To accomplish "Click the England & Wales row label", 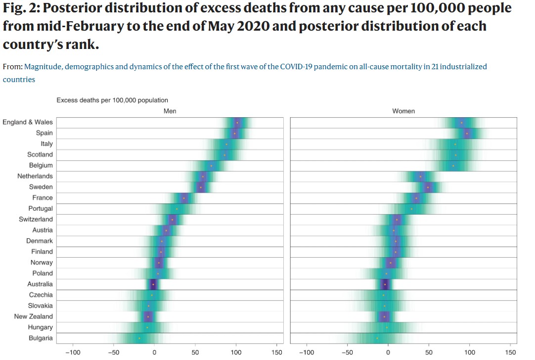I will pyautogui.click(x=28, y=122).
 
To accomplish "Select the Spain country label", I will pyautogui.click(x=44, y=133).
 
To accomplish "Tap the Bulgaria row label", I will pyautogui.click(x=41, y=338).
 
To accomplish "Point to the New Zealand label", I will pyautogui.click(x=33, y=316).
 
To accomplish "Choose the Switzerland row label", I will pyautogui.click(x=36, y=219).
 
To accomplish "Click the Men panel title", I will pyautogui.click(x=170, y=111).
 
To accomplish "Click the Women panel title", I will pyautogui.click(x=403, y=111).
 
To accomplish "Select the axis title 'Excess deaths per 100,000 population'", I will pyautogui.click(x=112, y=100).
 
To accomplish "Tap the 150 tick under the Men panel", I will pyautogui.click(x=276, y=353).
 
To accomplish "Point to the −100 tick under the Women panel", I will pyautogui.click(x=307, y=353).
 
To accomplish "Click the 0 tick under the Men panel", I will pyautogui.click(x=154, y=353).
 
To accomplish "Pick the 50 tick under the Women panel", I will pyautogui.click(x=429, y=353).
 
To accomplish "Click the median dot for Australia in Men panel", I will pyautogui.click(x=153, y=284).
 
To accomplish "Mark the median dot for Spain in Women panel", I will pyautogui.click(x=467, y=133).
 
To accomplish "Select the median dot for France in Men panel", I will pyautogui.click(x=184, y=198).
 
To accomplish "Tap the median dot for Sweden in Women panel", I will pyautogui.click(x=428, y=187).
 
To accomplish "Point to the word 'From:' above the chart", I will pyautogui.click(x=12, y=66).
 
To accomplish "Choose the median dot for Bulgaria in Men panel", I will pyautogui.click(x=139, y=338).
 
